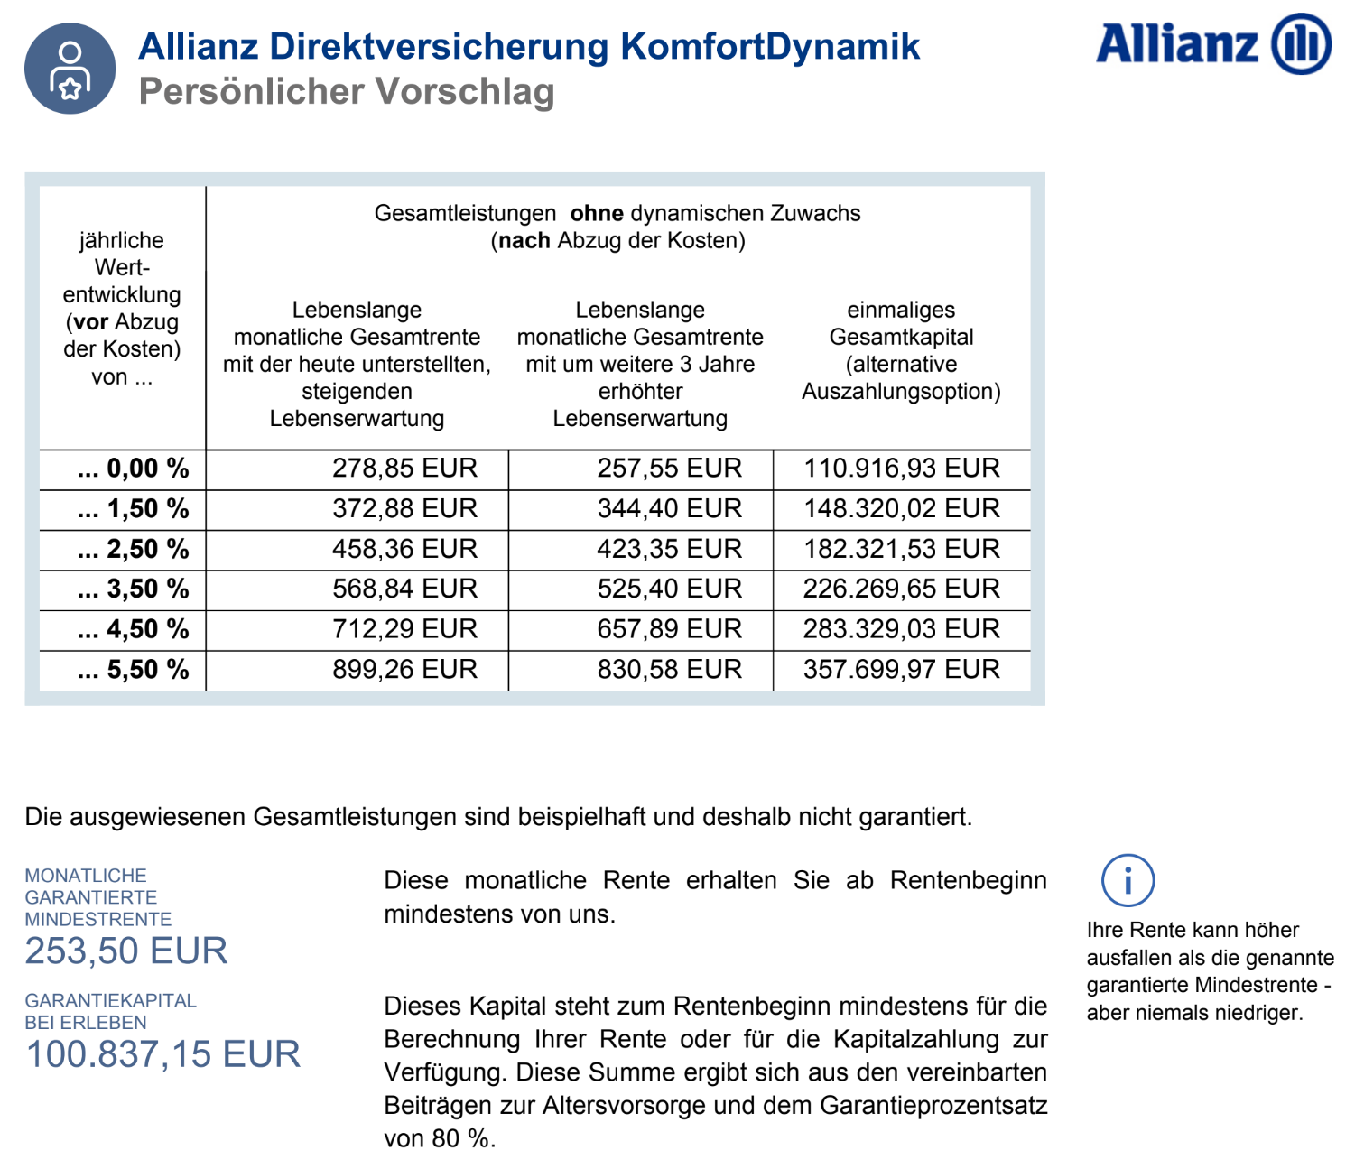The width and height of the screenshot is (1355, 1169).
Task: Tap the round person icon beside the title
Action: click(70, 69)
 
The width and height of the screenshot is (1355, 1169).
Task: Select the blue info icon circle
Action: click(1128, 880)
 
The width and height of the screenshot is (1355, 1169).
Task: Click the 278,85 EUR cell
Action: click(404, 469)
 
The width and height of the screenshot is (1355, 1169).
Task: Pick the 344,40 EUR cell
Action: click(669, 509)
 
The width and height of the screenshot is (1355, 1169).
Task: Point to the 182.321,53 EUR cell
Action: click(901, 549)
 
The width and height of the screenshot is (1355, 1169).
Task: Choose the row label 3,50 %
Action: click(134, 589)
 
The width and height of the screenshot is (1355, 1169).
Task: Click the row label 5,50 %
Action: click(134, 670)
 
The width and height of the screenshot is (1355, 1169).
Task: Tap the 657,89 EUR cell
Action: click(669, 629)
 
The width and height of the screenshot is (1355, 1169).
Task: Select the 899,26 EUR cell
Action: click(404, 670)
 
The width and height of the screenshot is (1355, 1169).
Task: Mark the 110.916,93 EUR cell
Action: click(901, 469)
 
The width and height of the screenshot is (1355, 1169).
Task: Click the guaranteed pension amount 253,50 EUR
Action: click(126, 951)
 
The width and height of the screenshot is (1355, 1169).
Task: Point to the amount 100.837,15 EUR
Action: click(163, 1054)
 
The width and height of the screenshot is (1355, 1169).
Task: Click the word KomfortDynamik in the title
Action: click(770, 47)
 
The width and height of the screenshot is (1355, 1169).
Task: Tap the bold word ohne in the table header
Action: click(597, 214)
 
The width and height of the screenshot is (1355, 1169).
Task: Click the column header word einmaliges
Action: click(901, 311)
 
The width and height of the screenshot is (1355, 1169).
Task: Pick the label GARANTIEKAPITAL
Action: click(110, 1001)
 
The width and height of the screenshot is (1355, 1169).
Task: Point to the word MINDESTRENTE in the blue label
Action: click(98, 920)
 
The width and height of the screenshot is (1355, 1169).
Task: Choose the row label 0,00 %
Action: click(134, 469)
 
